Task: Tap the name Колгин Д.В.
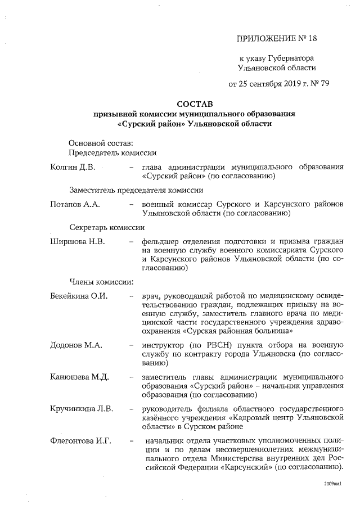(x=73, y=167)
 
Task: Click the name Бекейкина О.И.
(x=79, y=296)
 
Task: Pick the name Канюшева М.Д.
(x=79, y=376)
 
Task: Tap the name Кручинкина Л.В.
(x=82, y=407)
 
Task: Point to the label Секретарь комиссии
(x=107, y=228)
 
